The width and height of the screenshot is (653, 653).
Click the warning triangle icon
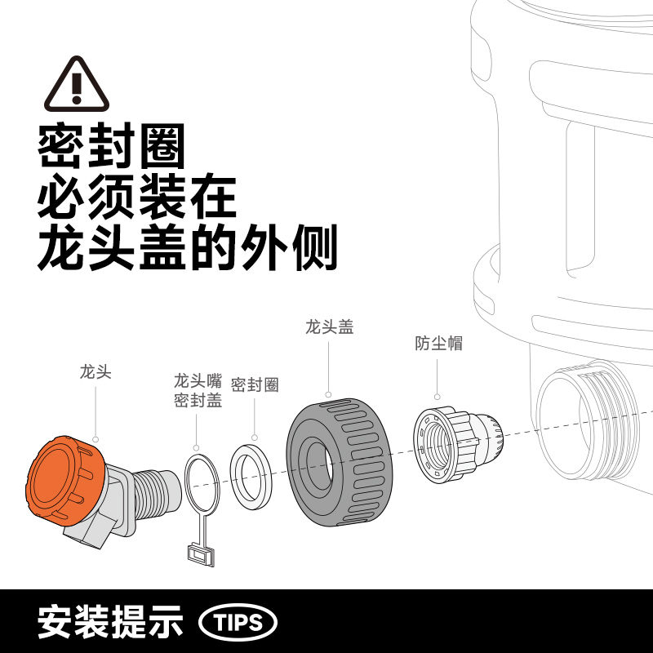click(x=77, y=85)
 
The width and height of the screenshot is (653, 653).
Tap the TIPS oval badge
click(x=238, y=623)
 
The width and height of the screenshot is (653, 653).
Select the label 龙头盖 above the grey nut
click(x=330, y=327)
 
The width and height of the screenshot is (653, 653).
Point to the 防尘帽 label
click(x=438, y=344)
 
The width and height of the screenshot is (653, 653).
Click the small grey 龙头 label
click(x=96, y=372)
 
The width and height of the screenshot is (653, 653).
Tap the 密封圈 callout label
click(x=255, y=384)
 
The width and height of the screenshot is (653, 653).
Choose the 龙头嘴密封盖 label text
click(x=198, y=391)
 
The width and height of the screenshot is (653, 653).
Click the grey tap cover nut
click(x=340, y=462)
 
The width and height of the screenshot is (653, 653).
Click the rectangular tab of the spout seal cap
click(x=201, y=554)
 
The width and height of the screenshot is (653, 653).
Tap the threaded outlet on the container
click(x=587, y=420)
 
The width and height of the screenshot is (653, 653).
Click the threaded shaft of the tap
click(x=151, y=493)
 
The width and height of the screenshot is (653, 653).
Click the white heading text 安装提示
click(x=111, y=622)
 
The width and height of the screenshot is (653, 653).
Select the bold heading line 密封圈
click(x=111, y=145)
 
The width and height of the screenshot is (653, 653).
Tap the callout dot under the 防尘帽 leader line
click(x=437, y=397)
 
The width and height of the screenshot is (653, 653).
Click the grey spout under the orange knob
click(x=89, y=531)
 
